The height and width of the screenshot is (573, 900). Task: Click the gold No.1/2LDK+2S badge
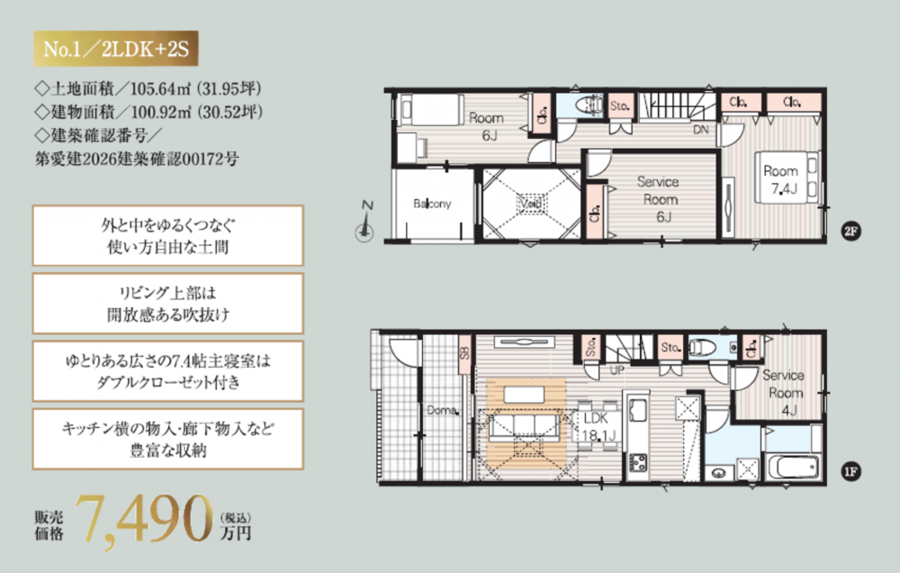(x=115, y=49)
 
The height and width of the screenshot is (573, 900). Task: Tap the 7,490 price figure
(x=143, y=520)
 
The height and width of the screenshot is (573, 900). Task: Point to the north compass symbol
(x=364, y=222)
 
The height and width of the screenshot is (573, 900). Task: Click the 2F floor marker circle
(x=850, y=232)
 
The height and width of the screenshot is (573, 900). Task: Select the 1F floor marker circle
(x=850, y=472)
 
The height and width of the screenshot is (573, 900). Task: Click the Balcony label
(x=432, y=204)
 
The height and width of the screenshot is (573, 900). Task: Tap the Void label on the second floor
(x=531, y=203)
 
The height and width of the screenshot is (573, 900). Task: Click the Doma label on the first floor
(x=442, y=410)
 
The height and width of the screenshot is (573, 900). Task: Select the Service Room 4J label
(x=784, y=393)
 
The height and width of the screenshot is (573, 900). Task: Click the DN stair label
(x=701, y=130)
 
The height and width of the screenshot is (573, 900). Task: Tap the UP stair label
(x=617, y=370)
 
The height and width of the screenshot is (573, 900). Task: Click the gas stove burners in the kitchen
(x=638, y=462)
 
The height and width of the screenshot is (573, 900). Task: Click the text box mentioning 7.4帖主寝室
(x=167, y=371)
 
